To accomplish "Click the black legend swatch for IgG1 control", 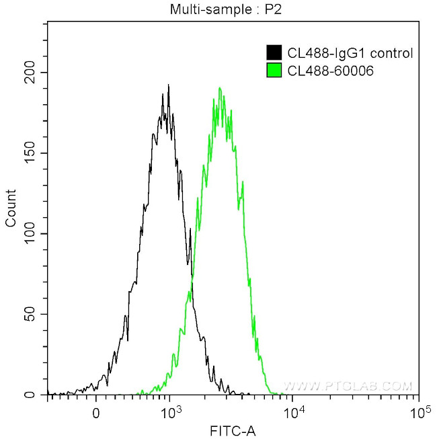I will click(x=274, y=53).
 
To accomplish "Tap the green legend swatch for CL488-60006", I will click(x=274, y=70).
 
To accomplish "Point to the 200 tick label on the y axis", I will click(x=30, y=73).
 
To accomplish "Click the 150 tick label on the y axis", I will click(x=30, y=153).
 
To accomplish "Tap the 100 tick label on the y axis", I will click(x=30, y=234).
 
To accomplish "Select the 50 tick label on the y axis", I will click(x=33, y=315).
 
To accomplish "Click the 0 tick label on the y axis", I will click(x=36, y=395).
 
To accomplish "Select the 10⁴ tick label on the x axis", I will click(x=294, y=411).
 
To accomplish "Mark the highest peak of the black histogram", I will click(x=168, y=85).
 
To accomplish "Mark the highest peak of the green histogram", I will click(x=219, y=88).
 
